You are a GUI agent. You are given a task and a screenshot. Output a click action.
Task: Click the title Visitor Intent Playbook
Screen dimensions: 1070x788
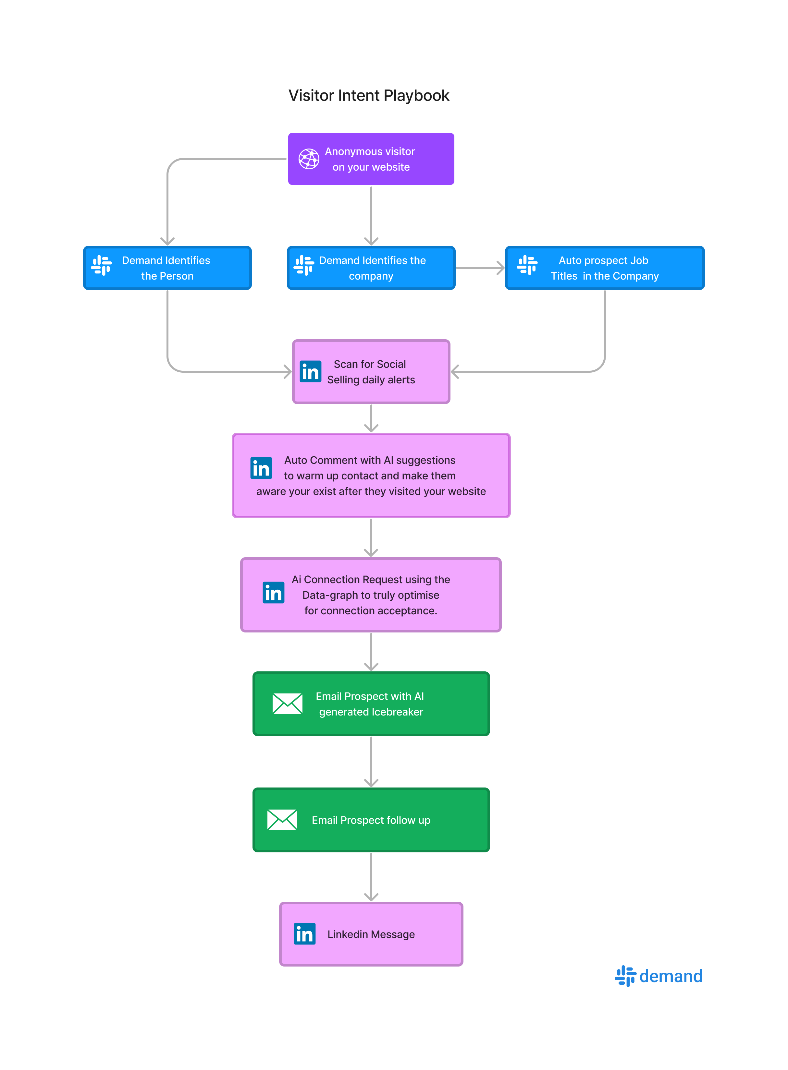coord(369,95)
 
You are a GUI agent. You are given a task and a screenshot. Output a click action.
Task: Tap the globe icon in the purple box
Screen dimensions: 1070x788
coord(309,159)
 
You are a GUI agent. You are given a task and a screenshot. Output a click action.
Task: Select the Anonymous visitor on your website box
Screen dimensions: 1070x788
coord(371,159)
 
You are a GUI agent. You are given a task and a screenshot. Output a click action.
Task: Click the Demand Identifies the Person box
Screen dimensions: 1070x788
coord(167,268)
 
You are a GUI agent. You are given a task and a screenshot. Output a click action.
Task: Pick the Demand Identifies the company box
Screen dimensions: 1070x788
coord(371,268)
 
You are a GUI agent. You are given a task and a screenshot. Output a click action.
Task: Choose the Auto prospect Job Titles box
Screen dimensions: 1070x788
coord(604,268)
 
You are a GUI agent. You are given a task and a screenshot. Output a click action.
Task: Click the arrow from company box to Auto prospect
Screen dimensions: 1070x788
coord(479,268)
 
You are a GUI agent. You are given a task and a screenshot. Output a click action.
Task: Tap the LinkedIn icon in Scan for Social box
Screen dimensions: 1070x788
coord(310,372)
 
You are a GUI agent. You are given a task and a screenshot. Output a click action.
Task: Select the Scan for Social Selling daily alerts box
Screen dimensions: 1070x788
coord(371,372)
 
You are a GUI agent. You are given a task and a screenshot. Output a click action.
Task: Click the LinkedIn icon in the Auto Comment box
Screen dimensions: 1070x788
coord(261,468)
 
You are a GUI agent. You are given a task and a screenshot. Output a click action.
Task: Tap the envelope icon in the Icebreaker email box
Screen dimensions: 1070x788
coord(287,703)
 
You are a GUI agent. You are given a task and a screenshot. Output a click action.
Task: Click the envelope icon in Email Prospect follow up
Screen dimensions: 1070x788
coord(282,820)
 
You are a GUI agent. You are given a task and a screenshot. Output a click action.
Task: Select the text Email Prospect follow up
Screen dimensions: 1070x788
coord(371,820)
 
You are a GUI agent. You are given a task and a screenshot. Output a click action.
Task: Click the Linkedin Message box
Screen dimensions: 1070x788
coord(371,934)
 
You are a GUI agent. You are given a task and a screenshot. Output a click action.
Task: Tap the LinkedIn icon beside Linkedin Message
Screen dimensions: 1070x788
coord(304,934)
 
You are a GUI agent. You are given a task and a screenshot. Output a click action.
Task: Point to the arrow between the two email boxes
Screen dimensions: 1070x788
coord(371,761)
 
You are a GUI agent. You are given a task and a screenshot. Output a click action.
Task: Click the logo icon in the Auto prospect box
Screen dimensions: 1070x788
coord(527,265)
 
